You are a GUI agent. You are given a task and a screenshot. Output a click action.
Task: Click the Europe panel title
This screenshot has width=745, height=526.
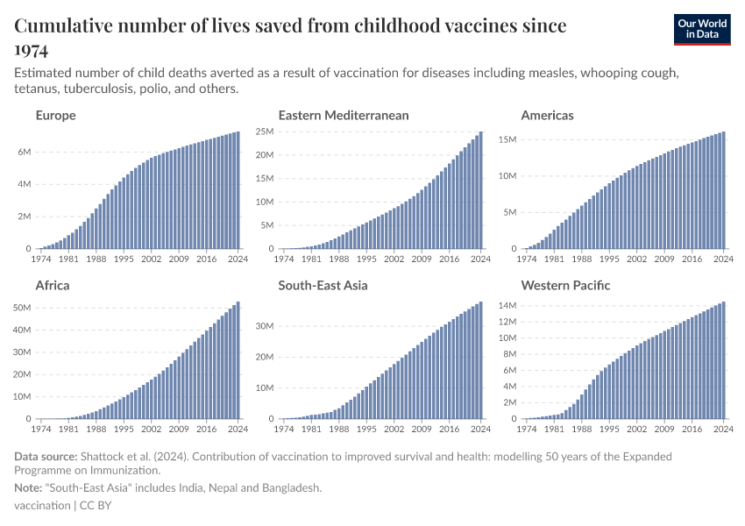(x=55, y=116)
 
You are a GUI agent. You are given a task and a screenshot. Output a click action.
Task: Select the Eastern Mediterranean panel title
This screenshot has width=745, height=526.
(x=343, y=116)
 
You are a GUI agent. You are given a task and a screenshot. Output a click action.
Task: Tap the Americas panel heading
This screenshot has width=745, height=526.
(x=547, y=116)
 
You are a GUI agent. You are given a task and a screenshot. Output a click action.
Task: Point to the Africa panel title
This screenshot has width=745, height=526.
(x=52, y=286)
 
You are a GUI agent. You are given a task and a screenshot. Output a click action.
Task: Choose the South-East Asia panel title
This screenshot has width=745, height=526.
(x=323, y=286)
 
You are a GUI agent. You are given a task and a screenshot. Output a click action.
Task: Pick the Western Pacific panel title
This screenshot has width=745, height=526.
(x=565, y=286)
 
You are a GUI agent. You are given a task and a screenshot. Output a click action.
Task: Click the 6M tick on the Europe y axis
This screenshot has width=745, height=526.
(x=24, y=152)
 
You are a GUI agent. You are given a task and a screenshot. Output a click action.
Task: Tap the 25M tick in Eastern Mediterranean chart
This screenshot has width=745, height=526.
(x=264, y=131)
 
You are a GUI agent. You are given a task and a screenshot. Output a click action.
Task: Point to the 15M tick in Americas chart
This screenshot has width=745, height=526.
(x=509, y=139)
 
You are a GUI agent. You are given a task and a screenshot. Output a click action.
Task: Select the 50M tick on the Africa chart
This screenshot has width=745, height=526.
(x=21, y=308)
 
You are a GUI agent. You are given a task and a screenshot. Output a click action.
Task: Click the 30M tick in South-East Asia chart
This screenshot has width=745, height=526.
(x=264, y=326)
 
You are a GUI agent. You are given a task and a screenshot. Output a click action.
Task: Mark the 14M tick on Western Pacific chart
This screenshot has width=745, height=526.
(x=509, y=305)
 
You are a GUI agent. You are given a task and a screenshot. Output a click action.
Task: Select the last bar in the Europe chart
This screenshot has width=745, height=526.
(x=238, y=190)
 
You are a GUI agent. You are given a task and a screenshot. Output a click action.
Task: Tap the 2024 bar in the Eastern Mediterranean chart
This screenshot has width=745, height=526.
(x=480, y=190)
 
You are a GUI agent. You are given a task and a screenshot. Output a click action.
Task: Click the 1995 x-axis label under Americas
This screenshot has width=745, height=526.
(x=610, y=259)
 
